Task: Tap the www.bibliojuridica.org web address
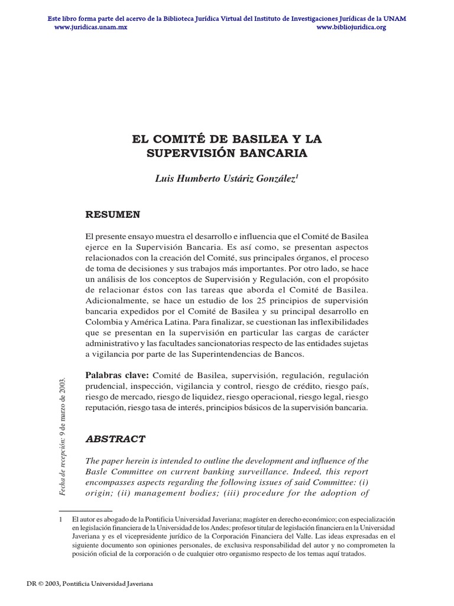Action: point(351,27)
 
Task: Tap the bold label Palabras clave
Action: point(118,376)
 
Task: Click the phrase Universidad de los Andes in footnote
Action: point(199,527)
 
